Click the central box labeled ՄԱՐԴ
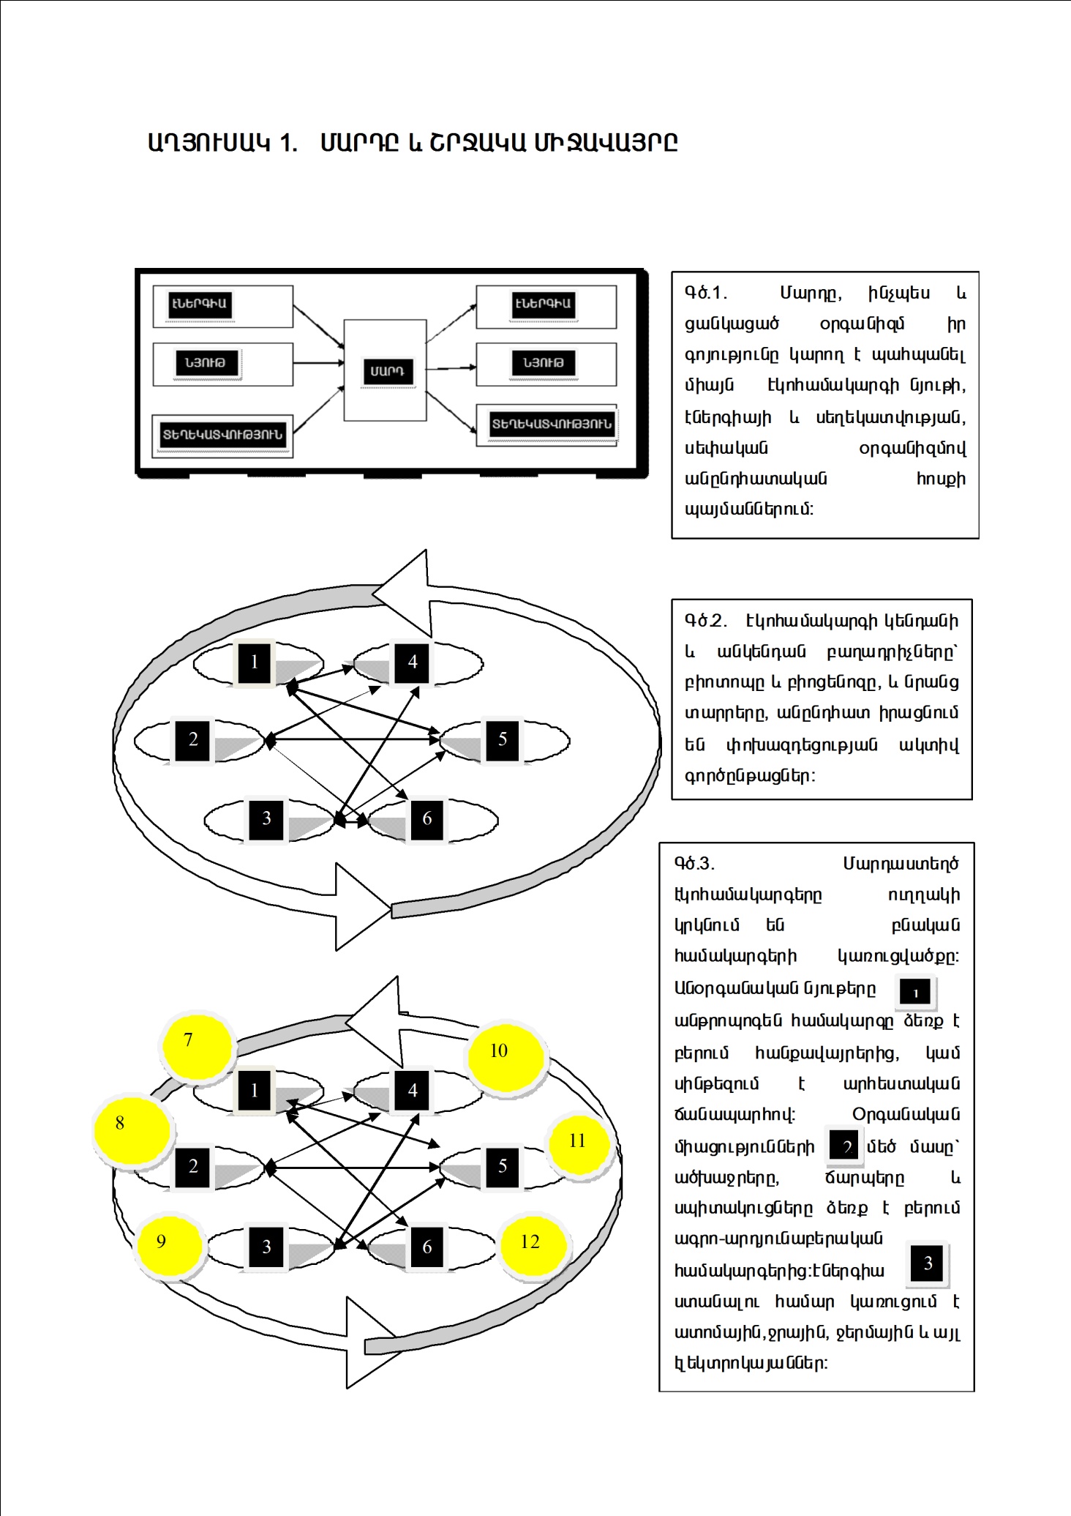point(386,370)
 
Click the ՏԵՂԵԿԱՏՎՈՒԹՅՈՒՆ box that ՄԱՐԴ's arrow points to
point(551,425)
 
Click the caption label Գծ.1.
point(705,294)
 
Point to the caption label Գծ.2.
point(705,621)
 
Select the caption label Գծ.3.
point(694,865)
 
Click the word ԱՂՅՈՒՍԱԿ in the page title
point(209,142)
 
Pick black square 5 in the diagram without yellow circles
point(502,739)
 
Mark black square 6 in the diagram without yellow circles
point(427,818)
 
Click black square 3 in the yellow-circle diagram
point(266,1247)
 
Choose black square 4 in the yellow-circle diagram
point(413,1091)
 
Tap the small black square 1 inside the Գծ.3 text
point(914,993)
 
